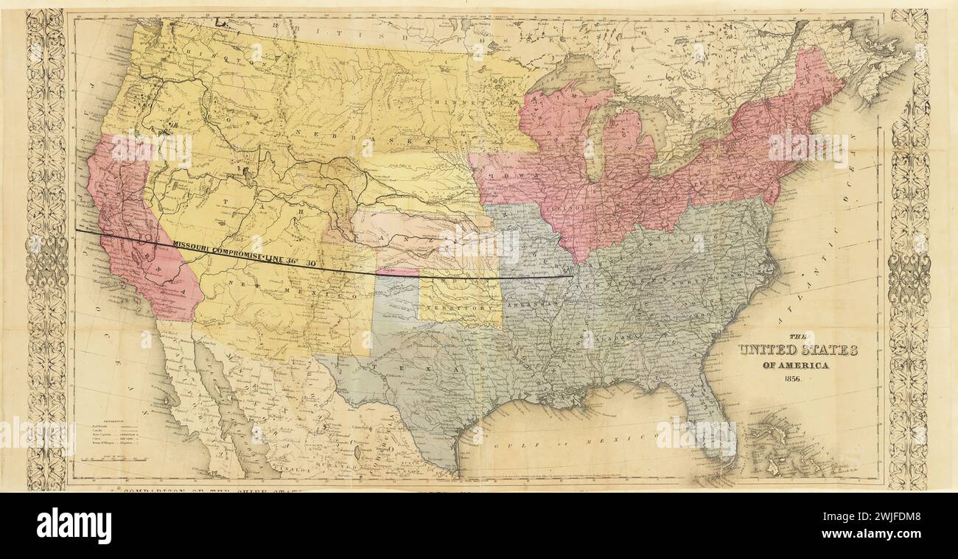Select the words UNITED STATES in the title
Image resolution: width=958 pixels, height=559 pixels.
[x=798, y=351]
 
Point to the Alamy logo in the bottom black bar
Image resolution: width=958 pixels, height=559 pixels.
[x=74, y=526]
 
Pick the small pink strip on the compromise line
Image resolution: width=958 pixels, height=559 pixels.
[x=397, y=272]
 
